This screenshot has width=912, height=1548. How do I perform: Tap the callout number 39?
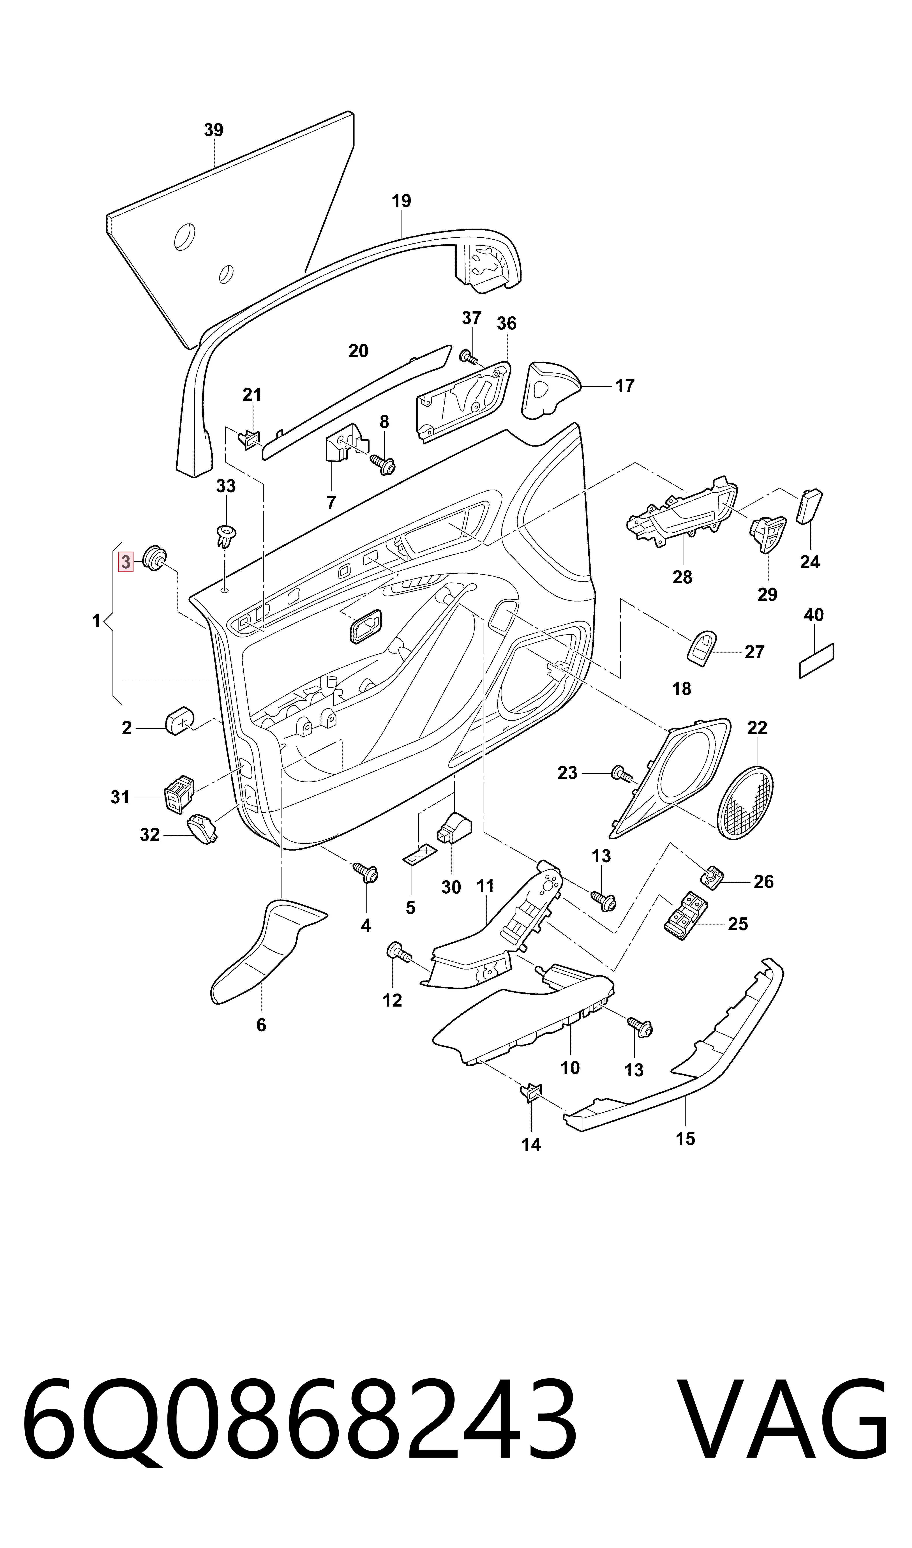(213, 130)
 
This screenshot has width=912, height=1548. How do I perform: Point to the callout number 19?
(401, 201)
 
